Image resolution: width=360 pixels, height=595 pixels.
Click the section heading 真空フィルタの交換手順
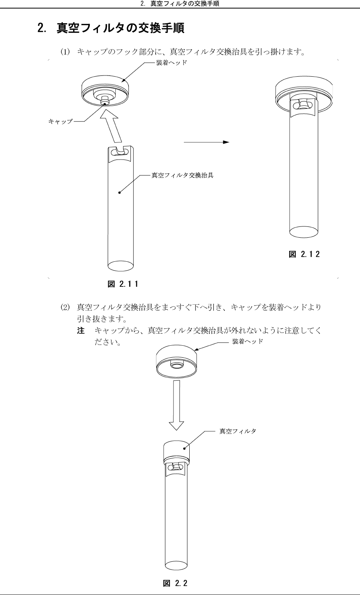[x=120, y=28]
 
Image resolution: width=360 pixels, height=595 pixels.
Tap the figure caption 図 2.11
[x=123, y=285]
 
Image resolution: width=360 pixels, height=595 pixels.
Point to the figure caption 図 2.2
[x=175, y=583]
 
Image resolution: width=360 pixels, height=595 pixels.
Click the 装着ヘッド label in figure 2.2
[x=248, y=341]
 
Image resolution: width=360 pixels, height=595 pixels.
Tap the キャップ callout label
[x=60, y=121]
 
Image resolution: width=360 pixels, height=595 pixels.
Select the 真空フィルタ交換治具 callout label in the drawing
[x=182, y=175]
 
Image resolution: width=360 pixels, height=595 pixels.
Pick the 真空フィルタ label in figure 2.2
[x=238, y=431]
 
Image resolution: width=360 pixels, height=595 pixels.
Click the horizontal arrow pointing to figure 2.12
[x=206, y=142]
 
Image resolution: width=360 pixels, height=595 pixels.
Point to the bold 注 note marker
[x=81, y=331]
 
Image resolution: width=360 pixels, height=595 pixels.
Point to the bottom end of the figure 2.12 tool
[x=304, y=231]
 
